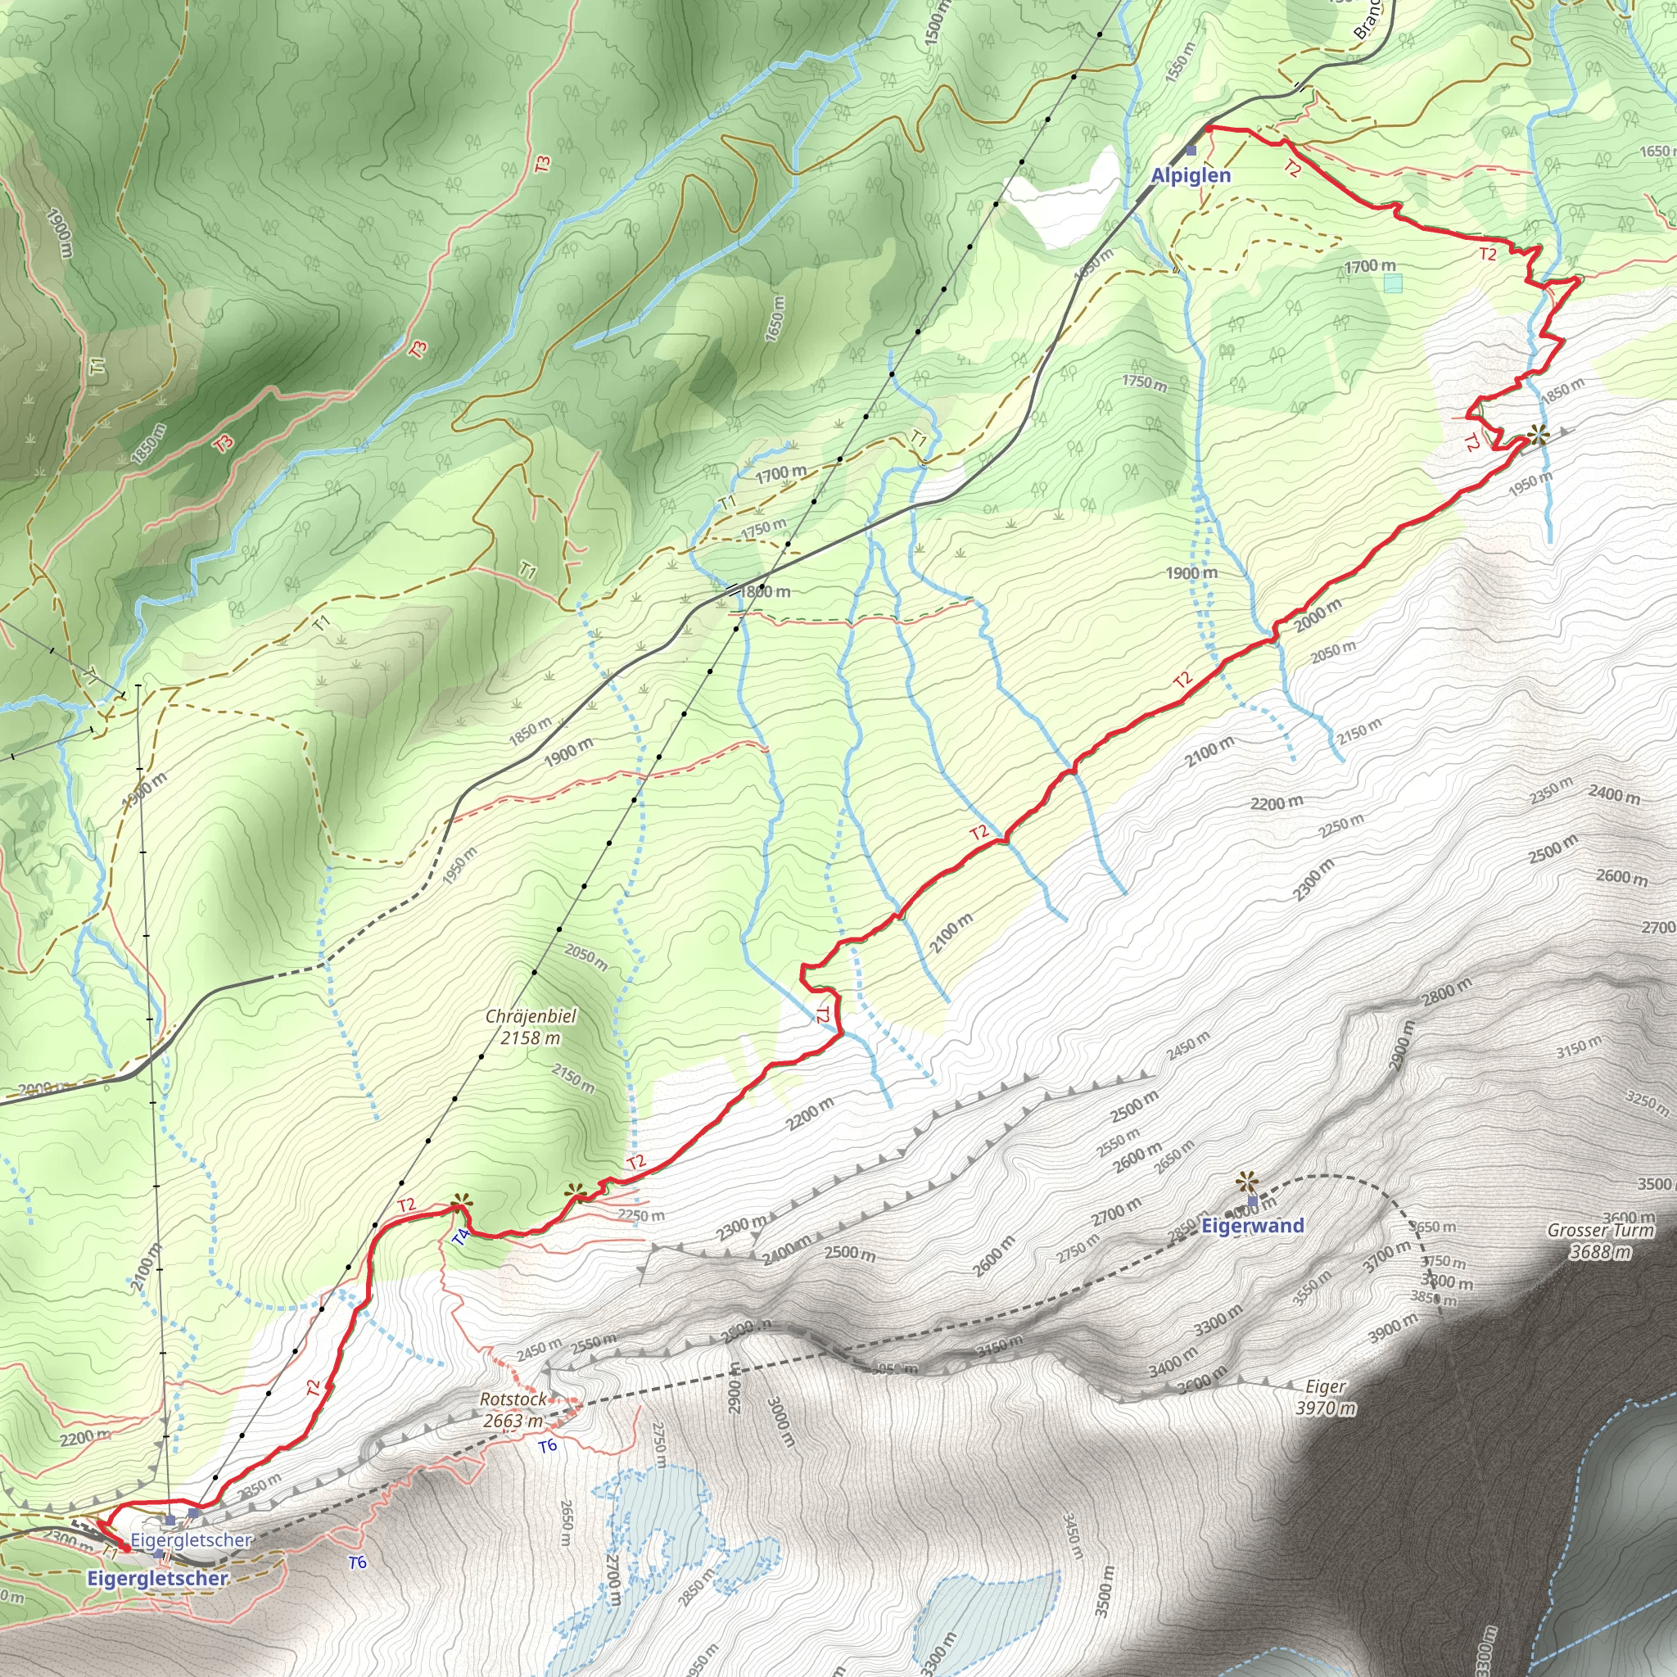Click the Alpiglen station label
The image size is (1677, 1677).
(1190, 175)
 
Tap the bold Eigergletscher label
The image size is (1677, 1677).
(157, 1578)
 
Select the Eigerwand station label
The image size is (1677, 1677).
(1252, 1226)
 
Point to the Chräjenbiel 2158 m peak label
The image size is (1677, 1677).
(531, 1026)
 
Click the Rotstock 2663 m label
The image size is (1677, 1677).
(514, 1410)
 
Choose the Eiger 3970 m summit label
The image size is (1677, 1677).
(1326, 1398)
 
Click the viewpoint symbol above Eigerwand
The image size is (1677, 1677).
(1247, 1181)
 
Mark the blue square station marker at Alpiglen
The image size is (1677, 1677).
(1191, 150)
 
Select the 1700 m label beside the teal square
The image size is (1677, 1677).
(1370, 265)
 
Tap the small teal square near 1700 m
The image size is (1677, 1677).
(1393, 283)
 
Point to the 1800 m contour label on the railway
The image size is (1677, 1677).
(765, 592)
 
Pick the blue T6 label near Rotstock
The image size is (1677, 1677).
(547, 1446)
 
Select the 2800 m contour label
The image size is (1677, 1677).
(1446, 992)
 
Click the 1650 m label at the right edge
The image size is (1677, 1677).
(1658, 151)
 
